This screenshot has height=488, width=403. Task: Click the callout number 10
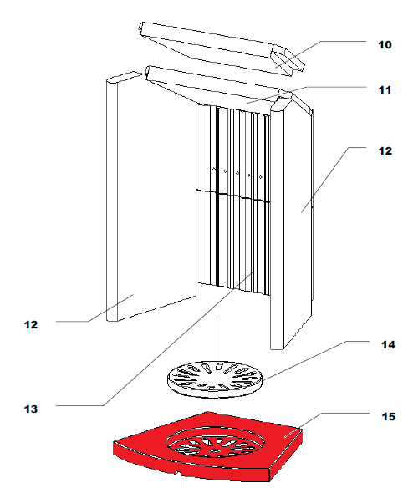385,45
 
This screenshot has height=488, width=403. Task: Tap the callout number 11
385,90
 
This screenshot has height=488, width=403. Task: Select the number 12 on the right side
385,151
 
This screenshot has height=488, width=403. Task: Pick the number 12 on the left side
31,325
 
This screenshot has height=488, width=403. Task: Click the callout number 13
31,409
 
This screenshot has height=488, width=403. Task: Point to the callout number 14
388,345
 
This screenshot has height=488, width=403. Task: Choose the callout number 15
388,416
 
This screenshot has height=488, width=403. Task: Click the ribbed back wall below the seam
233,244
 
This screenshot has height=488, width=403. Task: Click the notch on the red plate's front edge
178,472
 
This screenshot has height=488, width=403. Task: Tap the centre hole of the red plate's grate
215,450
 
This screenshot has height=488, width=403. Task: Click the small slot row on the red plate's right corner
290,433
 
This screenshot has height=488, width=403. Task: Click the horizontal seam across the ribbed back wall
233,196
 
